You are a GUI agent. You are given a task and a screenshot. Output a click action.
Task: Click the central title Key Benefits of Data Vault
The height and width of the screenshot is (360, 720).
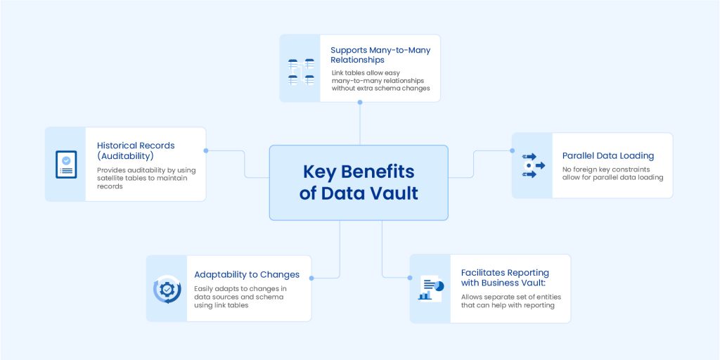click(359, 182)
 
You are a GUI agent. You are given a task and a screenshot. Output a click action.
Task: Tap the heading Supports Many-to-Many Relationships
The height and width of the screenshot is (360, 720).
click(380, 55)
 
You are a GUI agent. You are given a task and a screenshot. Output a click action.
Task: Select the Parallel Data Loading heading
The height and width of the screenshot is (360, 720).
click(607, 155)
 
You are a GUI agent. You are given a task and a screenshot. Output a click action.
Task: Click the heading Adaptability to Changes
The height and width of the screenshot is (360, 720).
click(247, 274)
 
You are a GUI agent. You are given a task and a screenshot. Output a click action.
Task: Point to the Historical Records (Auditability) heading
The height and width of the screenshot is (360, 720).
click(136, 150)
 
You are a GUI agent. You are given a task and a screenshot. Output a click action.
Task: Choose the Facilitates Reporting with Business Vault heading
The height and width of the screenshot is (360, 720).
click(505, 277)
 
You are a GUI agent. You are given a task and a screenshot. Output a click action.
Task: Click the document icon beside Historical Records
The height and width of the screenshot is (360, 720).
click(66, 164)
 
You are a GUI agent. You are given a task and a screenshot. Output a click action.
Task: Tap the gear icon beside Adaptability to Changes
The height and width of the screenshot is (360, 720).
click(167, 289)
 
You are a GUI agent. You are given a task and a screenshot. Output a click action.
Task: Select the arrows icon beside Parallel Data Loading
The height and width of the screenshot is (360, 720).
click(532, 165)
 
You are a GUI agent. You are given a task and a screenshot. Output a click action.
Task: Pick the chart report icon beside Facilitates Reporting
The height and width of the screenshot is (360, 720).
click(430, 288)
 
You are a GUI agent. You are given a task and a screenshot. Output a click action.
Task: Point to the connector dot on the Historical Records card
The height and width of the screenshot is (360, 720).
click(206, 150)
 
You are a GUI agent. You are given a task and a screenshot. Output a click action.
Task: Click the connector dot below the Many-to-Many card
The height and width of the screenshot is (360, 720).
click(360, 103)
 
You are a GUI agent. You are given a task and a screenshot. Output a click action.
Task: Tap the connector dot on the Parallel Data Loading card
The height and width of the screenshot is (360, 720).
click(511, 150)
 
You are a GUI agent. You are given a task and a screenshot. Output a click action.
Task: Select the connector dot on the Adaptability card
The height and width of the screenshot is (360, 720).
click(311, 278)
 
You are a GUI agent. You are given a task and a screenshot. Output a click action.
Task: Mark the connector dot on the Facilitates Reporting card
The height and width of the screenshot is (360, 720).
click(410, 277)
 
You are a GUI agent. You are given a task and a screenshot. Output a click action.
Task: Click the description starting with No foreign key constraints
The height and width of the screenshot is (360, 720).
click(612, 173)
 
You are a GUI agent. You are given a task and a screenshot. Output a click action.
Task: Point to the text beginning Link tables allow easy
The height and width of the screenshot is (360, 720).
click(380, 80)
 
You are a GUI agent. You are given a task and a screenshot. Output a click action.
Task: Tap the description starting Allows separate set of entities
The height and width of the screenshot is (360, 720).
click(511, 301)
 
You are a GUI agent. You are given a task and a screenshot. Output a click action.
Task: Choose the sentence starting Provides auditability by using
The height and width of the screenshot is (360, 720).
click(146, 178)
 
